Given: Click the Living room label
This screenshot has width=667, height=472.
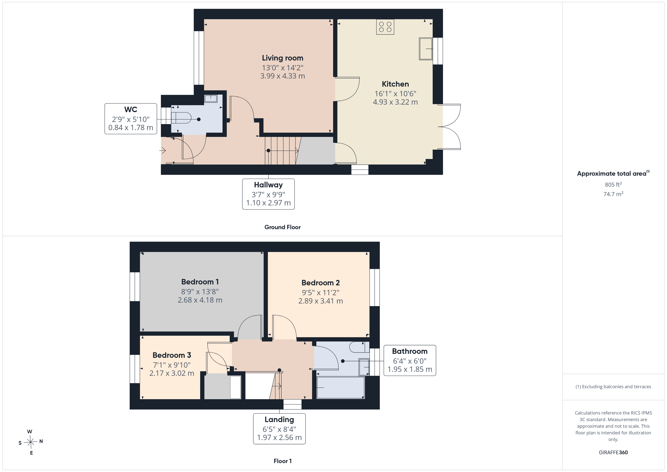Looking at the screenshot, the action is (282, 58).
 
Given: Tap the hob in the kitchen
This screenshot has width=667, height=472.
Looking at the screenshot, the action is (385, 27).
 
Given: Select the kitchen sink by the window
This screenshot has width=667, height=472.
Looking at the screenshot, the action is (426, 49).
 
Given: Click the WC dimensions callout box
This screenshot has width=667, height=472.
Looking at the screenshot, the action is (131, 119).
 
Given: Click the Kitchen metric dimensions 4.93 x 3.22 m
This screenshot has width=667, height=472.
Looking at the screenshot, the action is (395, 102).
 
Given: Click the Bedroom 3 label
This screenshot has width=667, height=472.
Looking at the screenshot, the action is (172, 355).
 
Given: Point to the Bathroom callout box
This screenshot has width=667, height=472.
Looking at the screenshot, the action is (410, 360).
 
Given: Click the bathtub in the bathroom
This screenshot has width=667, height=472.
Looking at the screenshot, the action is (340, 387).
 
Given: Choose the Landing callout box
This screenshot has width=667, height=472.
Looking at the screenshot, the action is (279, 429).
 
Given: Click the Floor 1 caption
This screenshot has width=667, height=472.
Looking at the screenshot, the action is (282, 461).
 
